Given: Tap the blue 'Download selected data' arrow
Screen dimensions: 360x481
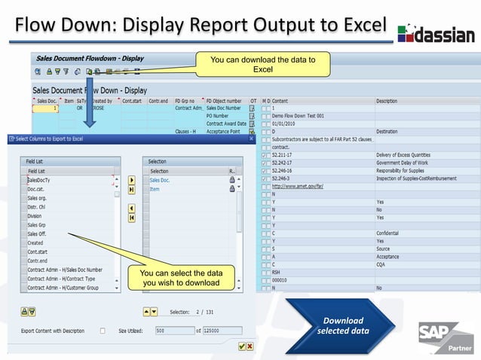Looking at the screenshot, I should (343, 325).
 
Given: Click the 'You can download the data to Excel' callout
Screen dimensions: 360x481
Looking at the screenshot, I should (262, 64).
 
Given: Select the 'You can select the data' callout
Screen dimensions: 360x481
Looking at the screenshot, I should (182, 278).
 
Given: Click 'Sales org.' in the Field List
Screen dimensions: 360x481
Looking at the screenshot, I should (38, 198).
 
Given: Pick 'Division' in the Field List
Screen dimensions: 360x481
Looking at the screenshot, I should (35, 216).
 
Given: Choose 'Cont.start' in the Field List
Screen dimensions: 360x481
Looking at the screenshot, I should (37, 252).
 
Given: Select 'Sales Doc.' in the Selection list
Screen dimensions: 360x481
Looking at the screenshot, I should (160, 181).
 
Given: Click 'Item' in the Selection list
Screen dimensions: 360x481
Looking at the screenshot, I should (155, 189).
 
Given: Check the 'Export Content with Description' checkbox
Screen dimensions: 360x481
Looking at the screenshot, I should (103, 330).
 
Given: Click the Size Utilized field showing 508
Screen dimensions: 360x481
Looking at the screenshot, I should (173, 330).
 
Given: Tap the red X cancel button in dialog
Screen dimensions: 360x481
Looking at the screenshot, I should (250, 346).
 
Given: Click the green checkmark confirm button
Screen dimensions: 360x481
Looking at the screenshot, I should (241, 346).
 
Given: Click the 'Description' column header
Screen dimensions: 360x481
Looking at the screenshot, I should (387, 101).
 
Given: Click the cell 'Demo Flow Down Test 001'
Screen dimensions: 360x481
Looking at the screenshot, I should (299, 116).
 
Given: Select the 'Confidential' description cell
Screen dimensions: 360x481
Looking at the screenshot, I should (389, 233).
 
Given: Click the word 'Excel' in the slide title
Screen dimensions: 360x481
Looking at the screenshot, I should (354, 25).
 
